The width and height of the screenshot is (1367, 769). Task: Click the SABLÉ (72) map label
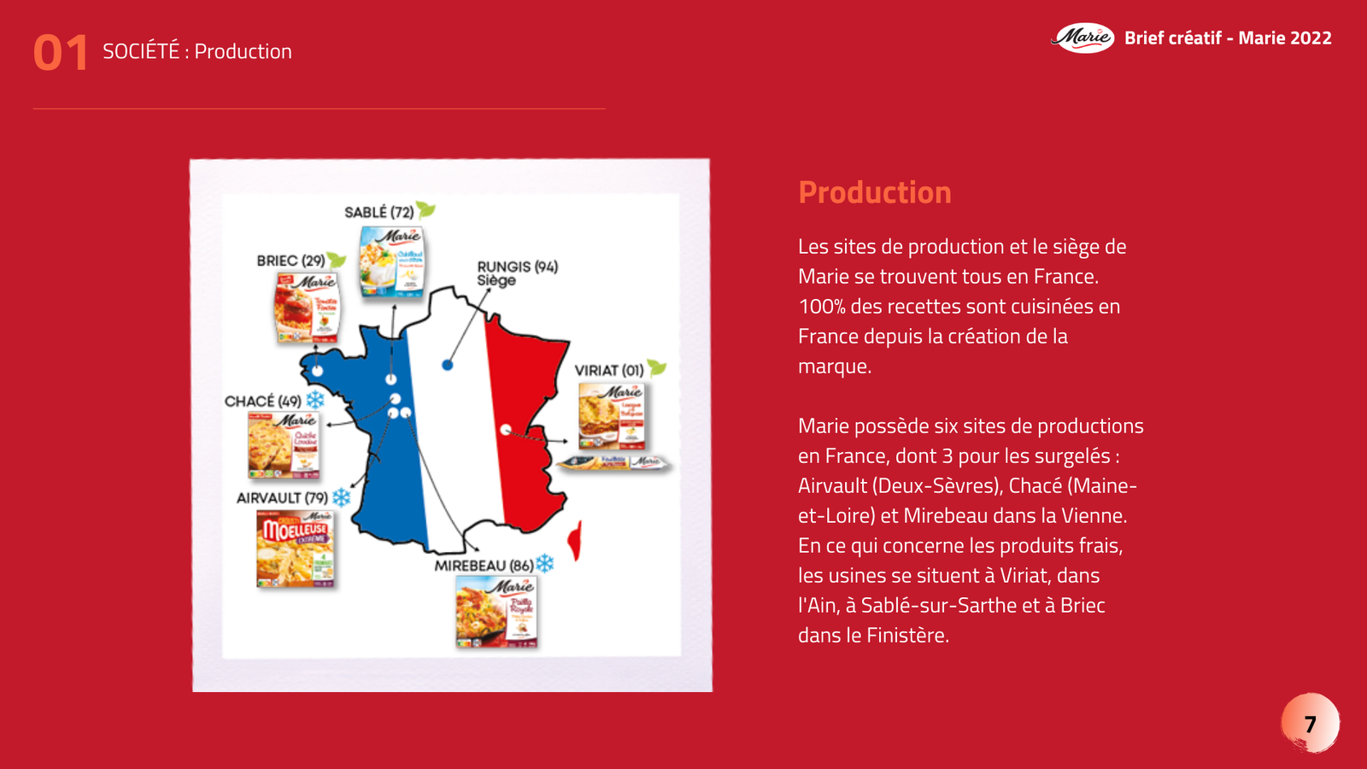378,212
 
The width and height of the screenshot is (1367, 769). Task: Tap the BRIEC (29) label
290,261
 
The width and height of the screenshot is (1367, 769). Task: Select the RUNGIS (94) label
517,267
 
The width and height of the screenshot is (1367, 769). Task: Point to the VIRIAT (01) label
608,370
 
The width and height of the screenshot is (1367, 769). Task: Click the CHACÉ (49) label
262,401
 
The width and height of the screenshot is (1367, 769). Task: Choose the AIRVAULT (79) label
282,497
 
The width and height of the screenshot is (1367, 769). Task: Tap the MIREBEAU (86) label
484,566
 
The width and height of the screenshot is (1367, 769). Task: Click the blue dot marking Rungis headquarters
447,365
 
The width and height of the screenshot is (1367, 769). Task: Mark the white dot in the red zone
506,429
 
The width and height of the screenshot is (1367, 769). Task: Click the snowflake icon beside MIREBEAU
545,563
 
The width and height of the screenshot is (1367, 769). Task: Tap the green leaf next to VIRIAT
656,368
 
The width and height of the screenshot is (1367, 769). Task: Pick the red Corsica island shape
577,540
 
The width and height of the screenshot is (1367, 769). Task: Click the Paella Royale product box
496,612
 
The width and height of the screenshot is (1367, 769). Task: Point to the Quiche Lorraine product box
284,445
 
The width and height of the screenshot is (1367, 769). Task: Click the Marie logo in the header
1082,38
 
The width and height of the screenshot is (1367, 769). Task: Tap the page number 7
1310,724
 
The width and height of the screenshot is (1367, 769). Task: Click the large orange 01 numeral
60,53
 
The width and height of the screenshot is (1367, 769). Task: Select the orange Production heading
874,193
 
